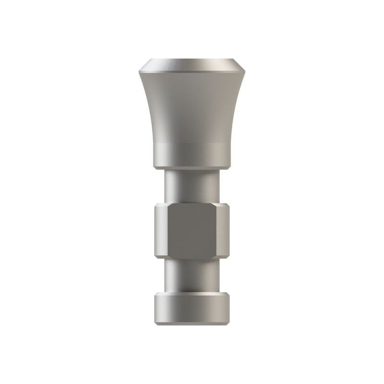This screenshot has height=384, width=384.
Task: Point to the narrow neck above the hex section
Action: tap(192, 186)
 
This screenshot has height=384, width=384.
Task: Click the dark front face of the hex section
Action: tap(192, 231)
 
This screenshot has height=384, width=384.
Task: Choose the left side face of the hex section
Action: tap(161, 231)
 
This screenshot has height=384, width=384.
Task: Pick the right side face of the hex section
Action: tap(222, 231)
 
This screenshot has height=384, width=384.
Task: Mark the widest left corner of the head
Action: tap(140, 72)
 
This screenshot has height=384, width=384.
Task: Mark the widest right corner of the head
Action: tap(244, 72)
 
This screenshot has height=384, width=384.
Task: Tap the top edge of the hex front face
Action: tap(192, 204)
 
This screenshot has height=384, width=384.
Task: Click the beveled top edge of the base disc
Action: tap(192, 294)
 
